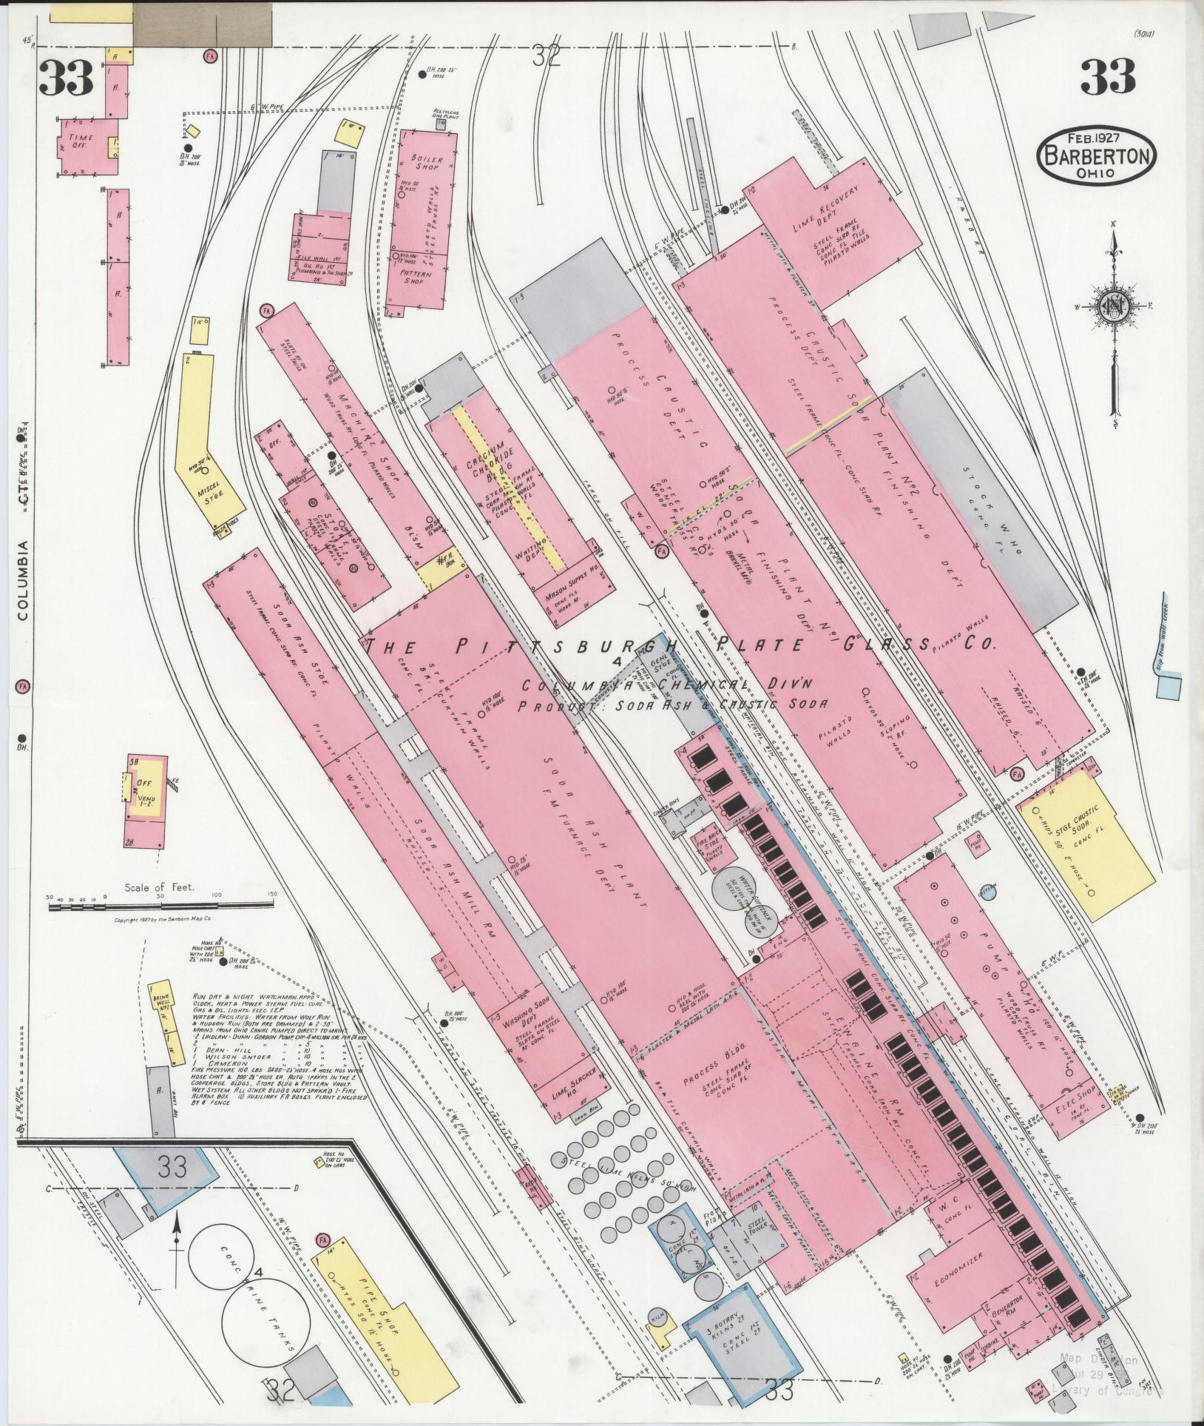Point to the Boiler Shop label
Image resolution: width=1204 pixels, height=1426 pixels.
[x=427, y=164]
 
